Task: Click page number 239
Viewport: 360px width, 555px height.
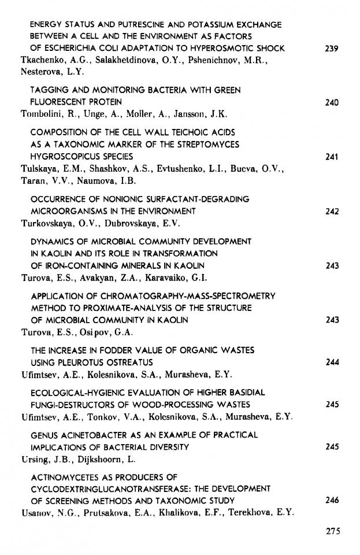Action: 331,49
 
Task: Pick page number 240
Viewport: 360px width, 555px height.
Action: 331,103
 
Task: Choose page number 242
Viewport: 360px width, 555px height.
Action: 331,211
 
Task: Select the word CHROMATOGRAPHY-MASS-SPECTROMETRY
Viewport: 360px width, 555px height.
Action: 181,296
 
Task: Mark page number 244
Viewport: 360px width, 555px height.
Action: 331,362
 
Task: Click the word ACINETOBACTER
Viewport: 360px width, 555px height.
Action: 94,435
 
